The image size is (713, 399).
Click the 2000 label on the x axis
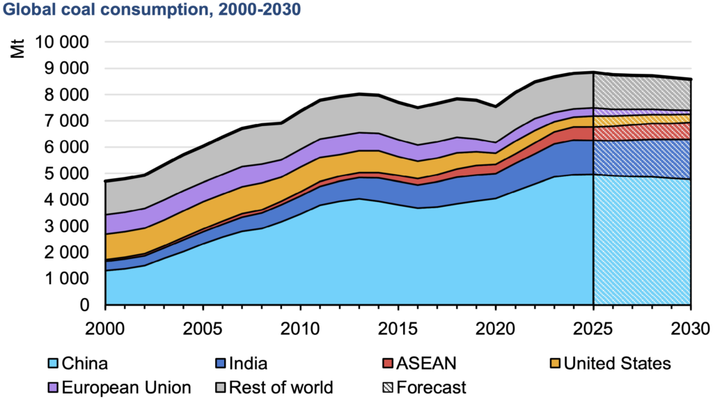[x=104, y=327]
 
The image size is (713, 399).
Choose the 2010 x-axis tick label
[x=300, y=327]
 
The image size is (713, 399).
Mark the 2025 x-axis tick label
[x=593, y=327]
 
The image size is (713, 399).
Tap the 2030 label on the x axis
[x=689, y=327]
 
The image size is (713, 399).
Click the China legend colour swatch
[x=52, y=363]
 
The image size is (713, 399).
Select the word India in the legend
[x=249, y=363]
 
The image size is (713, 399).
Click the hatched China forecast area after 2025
[x=641, y=244]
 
